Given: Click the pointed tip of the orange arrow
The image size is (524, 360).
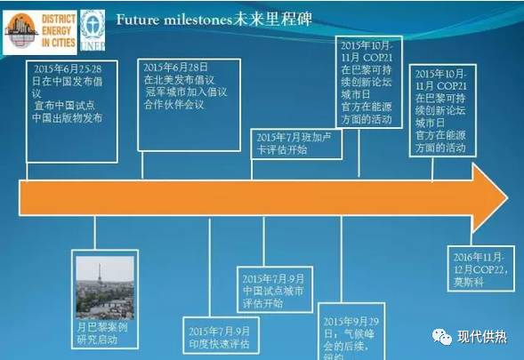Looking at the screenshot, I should point(502,193).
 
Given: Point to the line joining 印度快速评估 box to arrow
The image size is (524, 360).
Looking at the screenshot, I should point(210,263).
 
